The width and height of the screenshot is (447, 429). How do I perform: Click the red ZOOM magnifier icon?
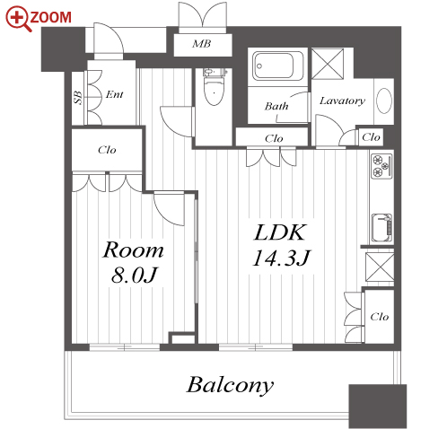[x=18, y=19]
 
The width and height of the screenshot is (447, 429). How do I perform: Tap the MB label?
[x=202, y=44]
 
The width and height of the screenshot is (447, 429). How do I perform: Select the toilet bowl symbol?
[x=214, y=87]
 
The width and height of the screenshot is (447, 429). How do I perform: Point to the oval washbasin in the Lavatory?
[x=384, y=101]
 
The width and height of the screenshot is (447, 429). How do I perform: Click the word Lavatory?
[x=342, y=101]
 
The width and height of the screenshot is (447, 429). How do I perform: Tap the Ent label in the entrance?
[x=115, y=94]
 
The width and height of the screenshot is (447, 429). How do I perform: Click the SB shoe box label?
[x=78, y=98]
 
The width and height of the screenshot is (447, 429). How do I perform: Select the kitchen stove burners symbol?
[x=381, y=166]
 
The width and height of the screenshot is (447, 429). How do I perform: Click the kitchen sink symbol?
[x=381, y=228]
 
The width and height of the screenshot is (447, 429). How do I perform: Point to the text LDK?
[x=280, y=232]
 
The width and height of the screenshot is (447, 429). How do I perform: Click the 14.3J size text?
[x=282, y=258]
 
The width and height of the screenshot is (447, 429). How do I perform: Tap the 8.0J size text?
[x=134, y=275]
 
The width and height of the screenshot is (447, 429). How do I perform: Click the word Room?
[x=133, y=250]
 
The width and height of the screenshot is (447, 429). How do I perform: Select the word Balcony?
[x=230, y=386]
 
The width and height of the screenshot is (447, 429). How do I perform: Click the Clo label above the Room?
[x=107, y=150]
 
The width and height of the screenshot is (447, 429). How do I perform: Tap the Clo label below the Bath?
[x=274, y=138]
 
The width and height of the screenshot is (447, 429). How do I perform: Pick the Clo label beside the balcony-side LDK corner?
[x=380, y=317]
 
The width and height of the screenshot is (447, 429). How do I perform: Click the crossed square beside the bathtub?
[x=328, y=64]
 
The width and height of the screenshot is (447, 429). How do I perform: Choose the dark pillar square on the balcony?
[x=378, y=407]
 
